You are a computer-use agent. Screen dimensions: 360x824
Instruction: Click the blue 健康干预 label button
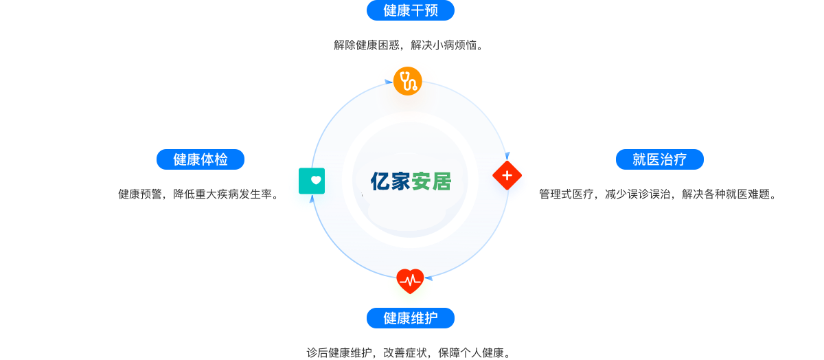pyautogui.click(x=410, y=10)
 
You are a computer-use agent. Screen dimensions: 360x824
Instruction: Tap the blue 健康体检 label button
pyautogui.click(x=201, y=159)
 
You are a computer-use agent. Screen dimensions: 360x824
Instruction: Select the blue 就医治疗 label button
pyautogui.click(x=659, y=159)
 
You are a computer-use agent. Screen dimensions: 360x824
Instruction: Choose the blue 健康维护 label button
pyautogui.click(x=410, y=318)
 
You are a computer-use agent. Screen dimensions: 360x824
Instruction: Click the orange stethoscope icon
pyautogui.click(x=408, y=81)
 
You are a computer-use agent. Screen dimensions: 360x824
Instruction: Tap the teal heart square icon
pyautogui.click(x=312, y=181)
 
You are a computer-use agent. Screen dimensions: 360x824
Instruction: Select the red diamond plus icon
pyautogui.click(x=507, y=176)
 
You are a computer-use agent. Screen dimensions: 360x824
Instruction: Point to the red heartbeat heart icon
pyautogui.click(x=410, y=280)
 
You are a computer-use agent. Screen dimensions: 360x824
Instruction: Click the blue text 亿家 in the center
pyautogui.click(x=390, y=181)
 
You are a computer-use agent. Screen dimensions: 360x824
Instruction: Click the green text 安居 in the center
pyautogui.click(x=431, y=181)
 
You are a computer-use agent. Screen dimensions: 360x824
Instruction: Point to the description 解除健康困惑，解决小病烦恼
pyautogui.click(x=409, y=45)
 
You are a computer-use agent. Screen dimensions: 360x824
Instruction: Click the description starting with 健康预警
pyautogui.click(x=199, y=194)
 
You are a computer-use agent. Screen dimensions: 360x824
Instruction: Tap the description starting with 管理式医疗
pyautogui.click(x=658, y=194)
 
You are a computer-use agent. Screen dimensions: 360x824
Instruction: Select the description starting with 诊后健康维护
pyautogui.click(x=409, y=353)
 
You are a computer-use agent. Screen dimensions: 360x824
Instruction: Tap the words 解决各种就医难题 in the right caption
pyautogui.click(x=729, y=194)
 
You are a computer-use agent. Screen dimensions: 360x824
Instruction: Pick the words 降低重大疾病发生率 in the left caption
pyautogui.click(x=226, y=194)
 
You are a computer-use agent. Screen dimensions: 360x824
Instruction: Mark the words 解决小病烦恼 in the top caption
pyautogui.click(x=447, y=45)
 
